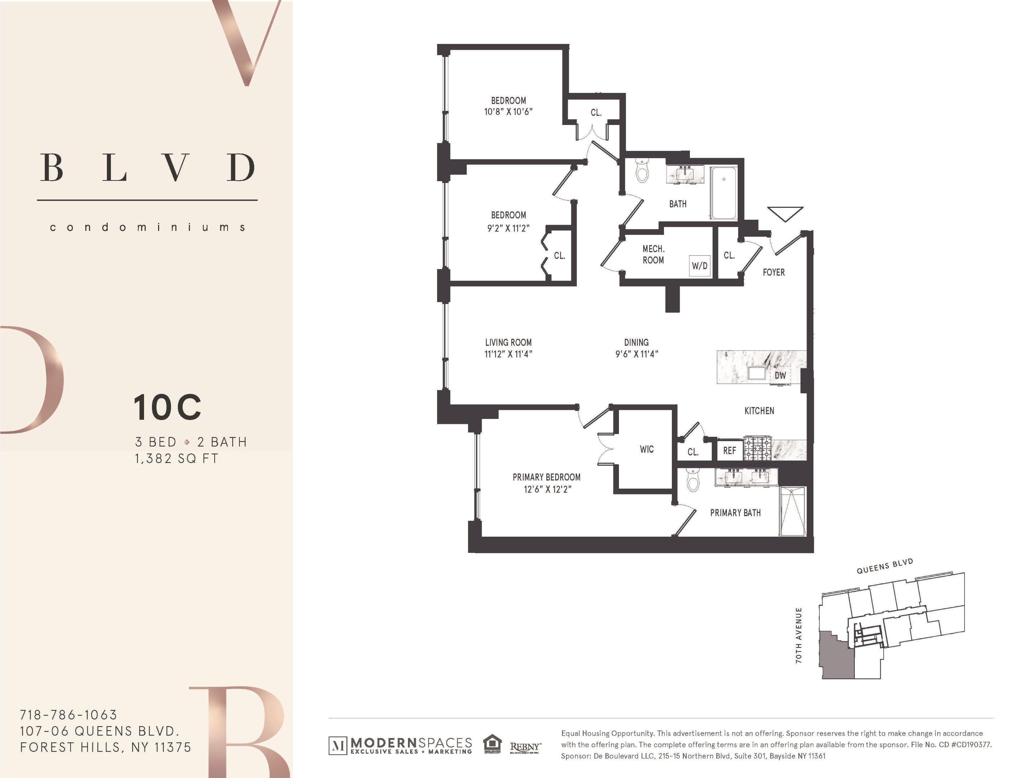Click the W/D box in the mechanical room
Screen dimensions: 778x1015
(699, 266)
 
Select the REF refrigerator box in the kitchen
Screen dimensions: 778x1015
(729, 451)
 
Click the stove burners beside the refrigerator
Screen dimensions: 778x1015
(758, 449)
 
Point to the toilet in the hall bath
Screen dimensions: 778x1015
(642, 172)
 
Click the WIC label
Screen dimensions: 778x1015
(647, 449)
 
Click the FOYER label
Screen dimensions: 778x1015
(774, 272)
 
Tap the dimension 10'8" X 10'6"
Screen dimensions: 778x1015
(508, 112)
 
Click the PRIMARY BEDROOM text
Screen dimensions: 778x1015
(546, 477)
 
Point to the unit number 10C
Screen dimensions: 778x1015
(167, 407)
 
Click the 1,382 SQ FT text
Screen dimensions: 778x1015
(176, 459)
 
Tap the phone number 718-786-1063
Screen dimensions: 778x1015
(68, 715)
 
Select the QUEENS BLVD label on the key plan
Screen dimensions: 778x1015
(885, 566)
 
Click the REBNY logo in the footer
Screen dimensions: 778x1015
(525, 747)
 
